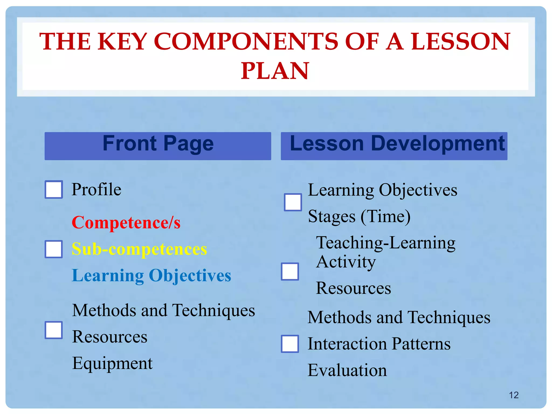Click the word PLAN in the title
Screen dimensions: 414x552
click(275, 71)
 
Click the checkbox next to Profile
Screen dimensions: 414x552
click(54, 189)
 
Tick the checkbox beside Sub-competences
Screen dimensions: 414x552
click(54, 249)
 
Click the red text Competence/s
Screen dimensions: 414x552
click(126, 223)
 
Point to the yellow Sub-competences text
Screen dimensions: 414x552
click(139, 249)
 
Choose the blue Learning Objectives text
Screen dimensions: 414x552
click(151, 275)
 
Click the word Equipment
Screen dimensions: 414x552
click(112, 363)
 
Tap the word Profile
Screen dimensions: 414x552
click(96, 189)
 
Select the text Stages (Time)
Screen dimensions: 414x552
click(359, 216)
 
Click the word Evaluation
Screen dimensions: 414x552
click(347, 370)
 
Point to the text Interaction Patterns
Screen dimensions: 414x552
click(379, 344)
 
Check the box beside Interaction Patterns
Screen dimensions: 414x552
click(290, 344)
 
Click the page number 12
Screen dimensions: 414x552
click(514, 395)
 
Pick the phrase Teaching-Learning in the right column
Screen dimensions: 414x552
click(386, 243)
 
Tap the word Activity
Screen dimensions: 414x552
click(346, 262)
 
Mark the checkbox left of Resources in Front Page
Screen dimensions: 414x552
click(54, 330)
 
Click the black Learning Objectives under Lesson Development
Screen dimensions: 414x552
click(382, 190)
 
